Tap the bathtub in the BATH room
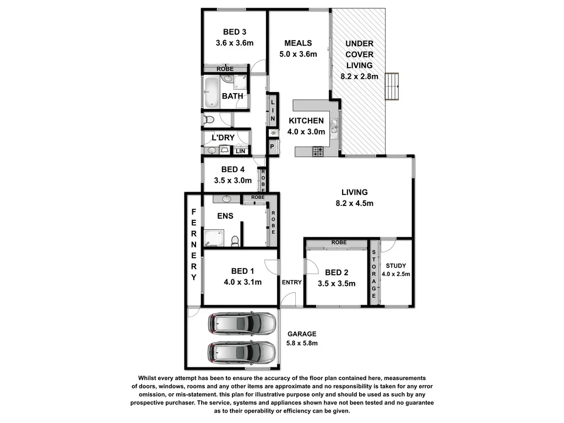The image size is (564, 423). coord(211,92)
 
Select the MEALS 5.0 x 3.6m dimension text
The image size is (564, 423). coord(298,54)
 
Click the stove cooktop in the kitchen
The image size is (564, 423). coord(318,151)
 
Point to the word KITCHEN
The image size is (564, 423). coord(306,121)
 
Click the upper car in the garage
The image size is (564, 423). coord(241,324)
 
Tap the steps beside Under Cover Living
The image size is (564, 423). coord(392,86)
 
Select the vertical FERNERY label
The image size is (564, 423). coord(194,245)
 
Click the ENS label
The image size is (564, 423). coord(225,216)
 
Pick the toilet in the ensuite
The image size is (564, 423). coord(235,241)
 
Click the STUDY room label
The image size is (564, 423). coord(396,265)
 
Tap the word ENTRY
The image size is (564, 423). coord(291,283)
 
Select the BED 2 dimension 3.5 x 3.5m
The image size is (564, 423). coord(337,284)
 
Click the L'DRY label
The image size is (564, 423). coord(223,137)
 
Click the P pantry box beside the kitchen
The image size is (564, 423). coord(272,147)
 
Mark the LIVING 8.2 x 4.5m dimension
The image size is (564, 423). coord(354,203)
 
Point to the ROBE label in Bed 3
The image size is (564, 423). coord(225,69)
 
